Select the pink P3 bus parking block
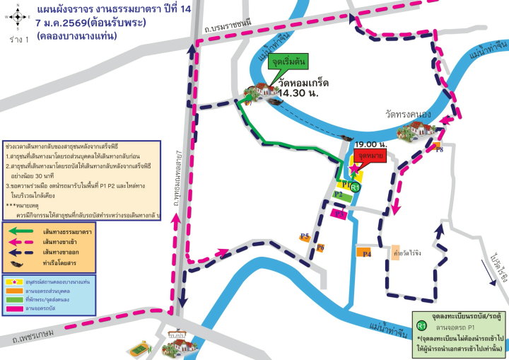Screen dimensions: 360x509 coord(340,213)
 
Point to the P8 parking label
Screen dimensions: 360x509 coord(438,149)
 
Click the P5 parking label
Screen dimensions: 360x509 coord(305,236)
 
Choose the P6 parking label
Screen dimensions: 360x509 coord(320,248)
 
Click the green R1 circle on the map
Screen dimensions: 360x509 coord(356,187)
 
